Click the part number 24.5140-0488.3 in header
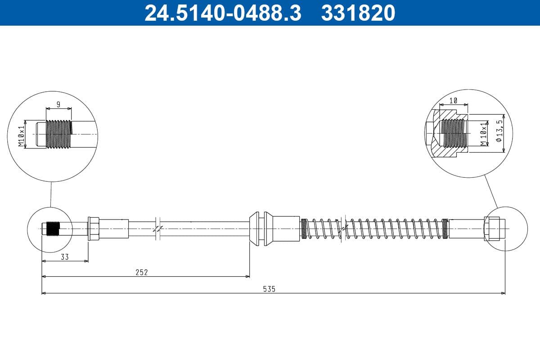pos(222,13)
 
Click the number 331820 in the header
pos(358,13)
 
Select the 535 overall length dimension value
pos(269,289)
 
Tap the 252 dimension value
pos(142,272)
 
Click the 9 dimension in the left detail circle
pos(58,104)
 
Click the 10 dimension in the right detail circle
pos(453,101)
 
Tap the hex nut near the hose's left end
pos(94,229)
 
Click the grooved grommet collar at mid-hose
pos(261,229)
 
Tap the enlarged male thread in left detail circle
pos(59,134)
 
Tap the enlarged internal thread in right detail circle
pos(453,133)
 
